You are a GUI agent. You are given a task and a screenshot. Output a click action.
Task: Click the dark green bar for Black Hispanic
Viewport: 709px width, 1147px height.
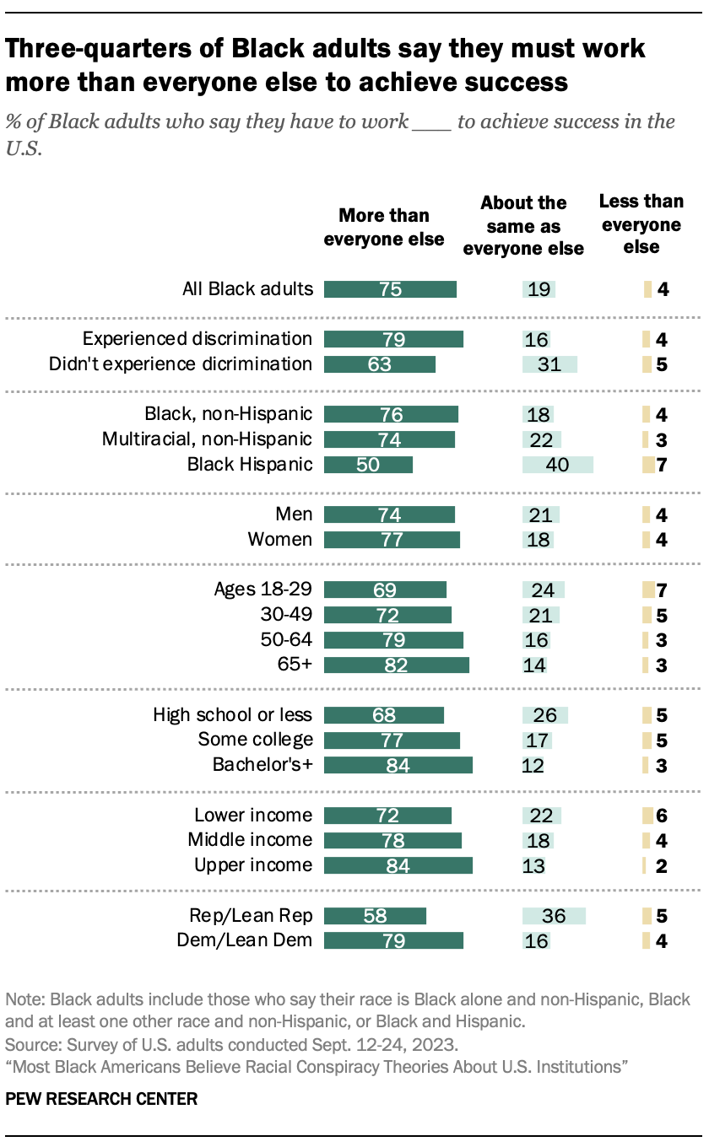pos(368,465)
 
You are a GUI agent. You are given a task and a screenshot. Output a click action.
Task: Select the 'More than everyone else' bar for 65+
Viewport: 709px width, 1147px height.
pos(396,665)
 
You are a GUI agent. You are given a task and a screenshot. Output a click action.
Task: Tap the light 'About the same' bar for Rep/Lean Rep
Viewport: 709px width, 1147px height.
pos(554,916)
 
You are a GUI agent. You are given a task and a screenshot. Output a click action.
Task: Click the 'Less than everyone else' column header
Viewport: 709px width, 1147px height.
pos(641,224)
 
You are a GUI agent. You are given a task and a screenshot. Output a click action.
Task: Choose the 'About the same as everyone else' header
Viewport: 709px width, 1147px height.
pos(523,225)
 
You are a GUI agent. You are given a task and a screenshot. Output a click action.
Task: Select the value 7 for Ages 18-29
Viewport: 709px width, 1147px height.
pos(662,590)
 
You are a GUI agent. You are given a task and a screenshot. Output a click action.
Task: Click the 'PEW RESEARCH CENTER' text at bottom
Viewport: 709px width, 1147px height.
pos(102,1099)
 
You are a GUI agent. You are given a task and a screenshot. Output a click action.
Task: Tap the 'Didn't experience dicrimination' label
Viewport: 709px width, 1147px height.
pos(181,364)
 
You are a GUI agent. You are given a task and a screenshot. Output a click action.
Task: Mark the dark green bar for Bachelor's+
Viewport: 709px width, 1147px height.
pos(398,765)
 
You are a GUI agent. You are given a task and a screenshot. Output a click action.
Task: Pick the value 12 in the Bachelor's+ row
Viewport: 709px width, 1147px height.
pos(533,766)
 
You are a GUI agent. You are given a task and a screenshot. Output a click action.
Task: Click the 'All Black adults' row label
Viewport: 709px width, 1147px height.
pos(247,289)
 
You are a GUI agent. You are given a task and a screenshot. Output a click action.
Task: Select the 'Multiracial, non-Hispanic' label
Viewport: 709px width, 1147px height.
pos(207,439)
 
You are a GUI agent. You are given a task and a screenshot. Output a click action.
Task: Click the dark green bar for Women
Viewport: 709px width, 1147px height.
pos(392,540)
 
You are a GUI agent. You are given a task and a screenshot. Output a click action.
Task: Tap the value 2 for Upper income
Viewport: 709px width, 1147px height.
pos(662,865)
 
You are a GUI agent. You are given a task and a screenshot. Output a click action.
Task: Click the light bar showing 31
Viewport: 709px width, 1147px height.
pos(549,364)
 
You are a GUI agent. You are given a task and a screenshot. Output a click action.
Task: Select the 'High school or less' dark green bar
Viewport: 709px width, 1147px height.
pos(383,715)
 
